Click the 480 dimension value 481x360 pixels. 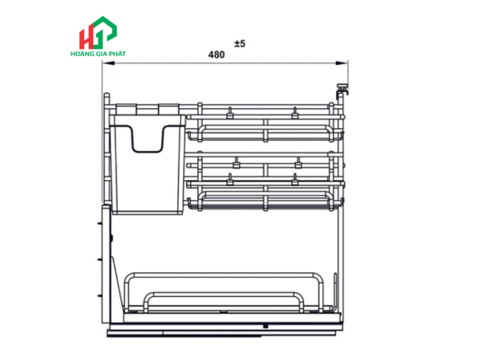click(x=216, y=54)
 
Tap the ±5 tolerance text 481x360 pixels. click(x=240, y=43)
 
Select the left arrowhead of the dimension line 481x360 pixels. click(x=108, y=63)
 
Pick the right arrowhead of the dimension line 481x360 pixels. click(x=342, y=63)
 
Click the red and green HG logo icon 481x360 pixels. click(x=98, y=33)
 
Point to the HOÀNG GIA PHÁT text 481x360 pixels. click(x=98, y=54)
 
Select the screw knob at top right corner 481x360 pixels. click(x=342, y=89)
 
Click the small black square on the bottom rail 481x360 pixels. click(x=265, y=326)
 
